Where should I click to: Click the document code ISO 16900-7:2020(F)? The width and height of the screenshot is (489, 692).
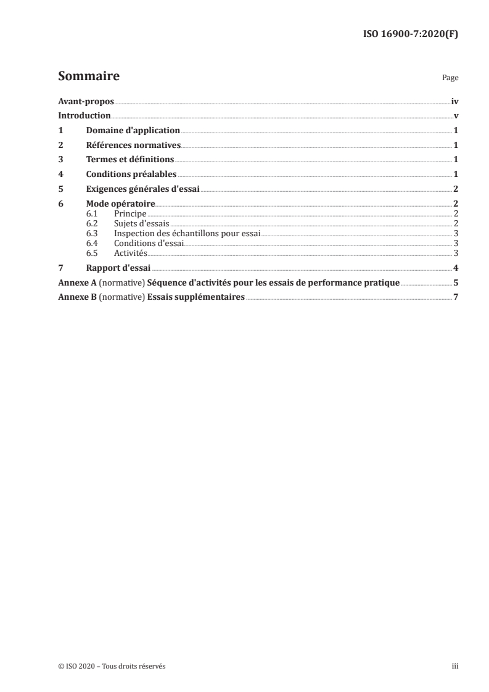click(410, 35)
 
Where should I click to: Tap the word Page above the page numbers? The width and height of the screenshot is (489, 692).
click(450, 79)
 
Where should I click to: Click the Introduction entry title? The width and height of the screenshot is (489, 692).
click(84, 116)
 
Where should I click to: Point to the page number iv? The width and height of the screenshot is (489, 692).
click(454, 101)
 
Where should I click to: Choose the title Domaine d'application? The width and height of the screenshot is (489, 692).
click(133, 131)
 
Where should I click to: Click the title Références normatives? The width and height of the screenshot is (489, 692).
click(133, 145)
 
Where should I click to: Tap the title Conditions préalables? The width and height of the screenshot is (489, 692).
click(131, 174)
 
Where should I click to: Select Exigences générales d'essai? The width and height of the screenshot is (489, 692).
click(142, 189)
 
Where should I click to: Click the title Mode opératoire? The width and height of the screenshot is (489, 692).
click(120, 204)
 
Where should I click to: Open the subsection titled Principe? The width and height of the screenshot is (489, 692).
click(130, 213)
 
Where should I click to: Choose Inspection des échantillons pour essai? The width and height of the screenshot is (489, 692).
click(187, 233)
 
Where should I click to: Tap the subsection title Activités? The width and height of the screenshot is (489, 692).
click(130, 253)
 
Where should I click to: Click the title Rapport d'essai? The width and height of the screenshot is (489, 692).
click(118, 268)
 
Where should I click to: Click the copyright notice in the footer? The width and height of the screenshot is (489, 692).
click(112, 666)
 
